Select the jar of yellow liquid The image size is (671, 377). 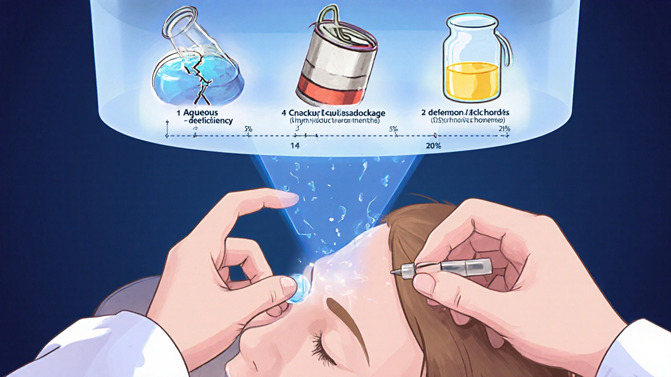pos(472,60)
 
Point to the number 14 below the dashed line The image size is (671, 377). pos(295,146)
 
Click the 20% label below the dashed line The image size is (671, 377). pos(434,146)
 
